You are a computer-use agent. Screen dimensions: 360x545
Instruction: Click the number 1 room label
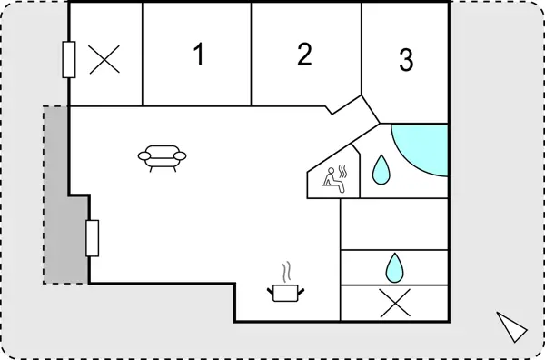[x=197, y=55]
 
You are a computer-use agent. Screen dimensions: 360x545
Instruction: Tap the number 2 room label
[x=304, y=55]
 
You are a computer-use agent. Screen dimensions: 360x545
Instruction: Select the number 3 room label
[x=406, y=60]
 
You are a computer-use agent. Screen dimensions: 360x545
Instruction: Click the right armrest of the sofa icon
[x=180, y=157]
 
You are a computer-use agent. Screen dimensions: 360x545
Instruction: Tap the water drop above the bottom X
[x=394, y=266]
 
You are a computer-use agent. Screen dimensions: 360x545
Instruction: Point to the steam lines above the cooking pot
[x=286, y=272]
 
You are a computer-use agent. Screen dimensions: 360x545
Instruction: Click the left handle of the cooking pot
[x=270, y=290]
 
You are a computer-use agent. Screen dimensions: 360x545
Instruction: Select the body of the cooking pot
[x=286, y=294]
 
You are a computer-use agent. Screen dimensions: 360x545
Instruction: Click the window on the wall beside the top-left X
[x=69, y=60]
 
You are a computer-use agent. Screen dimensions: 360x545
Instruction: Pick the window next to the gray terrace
[x=92, y=238]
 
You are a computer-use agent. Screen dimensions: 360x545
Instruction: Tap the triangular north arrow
[x=511, y=325]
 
